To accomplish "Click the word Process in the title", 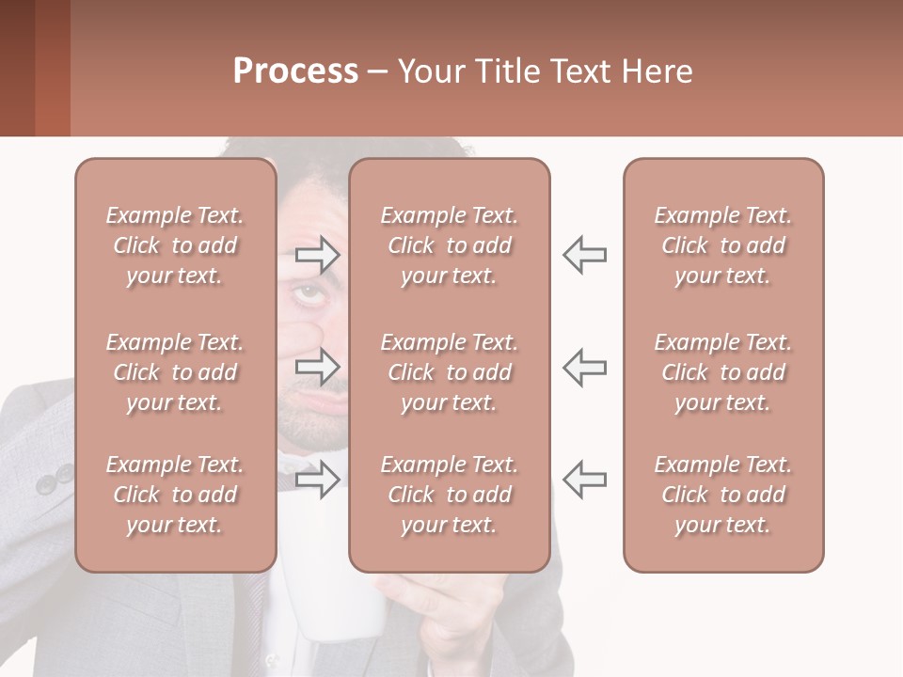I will (x=295, y=71).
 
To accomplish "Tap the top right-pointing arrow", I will (x=318, y=255).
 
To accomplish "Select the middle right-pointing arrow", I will (x=318, y=367).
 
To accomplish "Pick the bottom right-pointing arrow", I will (x=318, y=479).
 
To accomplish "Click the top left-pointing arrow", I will (x=584, y=255).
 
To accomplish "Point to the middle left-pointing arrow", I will (x=584, y=367).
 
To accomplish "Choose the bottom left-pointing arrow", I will (x=584, y=479).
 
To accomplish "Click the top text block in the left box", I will (x=175, y=245).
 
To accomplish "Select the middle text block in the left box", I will (x=175, y=372).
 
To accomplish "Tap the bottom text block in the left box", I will (x=175, y=495).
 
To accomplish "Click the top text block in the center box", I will (x=449, y=245).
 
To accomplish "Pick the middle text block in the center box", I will (x=449, y=372).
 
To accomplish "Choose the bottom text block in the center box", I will (x=449, y=495).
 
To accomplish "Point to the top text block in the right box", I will (x=723, y=245).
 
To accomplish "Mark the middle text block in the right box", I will (x=723, y=372).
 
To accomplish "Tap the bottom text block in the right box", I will (x=723, y=495).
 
